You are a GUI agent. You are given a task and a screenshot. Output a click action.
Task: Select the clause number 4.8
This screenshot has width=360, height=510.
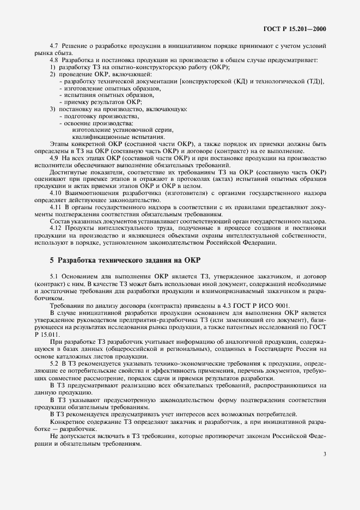(54, 60)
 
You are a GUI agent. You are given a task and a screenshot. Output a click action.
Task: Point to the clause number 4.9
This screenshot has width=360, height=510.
(54, 158)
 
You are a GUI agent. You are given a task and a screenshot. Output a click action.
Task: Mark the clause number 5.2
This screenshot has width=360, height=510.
(54, 362)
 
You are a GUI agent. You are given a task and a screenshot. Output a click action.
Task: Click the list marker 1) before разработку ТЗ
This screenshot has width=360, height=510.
(53, 67)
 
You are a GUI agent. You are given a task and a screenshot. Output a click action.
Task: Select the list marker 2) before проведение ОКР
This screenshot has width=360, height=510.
(53, 74)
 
